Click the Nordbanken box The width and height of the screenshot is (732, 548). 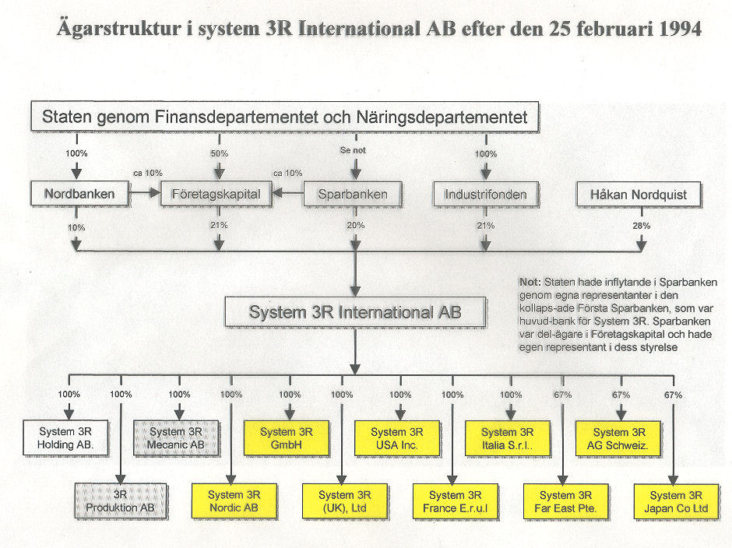[x=80, y=194]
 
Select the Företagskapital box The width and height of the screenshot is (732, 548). [x=216, y=194]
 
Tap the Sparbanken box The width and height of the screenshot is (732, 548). [x=353, y=194]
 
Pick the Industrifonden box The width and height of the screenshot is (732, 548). [x=486, y=195]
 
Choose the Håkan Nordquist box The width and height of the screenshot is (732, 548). [x=639, y=195]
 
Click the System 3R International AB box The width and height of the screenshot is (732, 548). [x=356, y=312]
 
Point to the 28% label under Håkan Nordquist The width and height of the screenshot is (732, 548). [x=642, y=226]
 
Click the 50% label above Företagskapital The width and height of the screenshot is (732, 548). [x=220, y=153]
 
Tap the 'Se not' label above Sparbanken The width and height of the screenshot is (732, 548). [x=353, y=150]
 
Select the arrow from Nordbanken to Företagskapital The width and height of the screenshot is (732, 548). [x=145, y=192]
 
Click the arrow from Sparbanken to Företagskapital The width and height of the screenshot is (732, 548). [x=288, y=192]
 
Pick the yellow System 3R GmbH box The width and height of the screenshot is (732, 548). [x=287, y=438]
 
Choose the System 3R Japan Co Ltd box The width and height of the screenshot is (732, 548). [x=677, y=502]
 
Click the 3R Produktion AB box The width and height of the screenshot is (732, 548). [x=121, y=501]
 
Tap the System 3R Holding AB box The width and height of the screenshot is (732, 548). [x=66, y=437]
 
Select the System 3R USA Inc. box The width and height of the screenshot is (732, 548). [x=397, y=438]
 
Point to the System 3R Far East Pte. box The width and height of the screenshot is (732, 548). [x=566, y=502]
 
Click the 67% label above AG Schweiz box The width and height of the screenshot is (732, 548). [x=621, y=395]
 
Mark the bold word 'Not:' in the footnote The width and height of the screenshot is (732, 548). [x=530, y=283]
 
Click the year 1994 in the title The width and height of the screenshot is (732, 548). [x=681, y=29]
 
